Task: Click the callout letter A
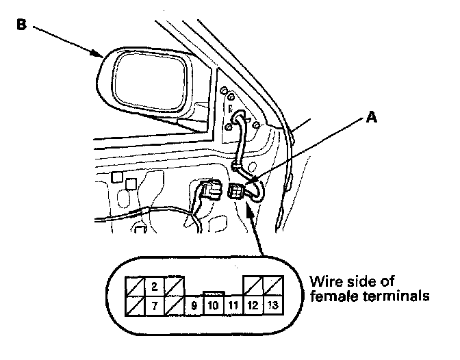[371, 118]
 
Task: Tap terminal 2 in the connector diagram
[155, 286]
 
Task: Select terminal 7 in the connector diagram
[155, 305]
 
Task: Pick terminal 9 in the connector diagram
[194, 306]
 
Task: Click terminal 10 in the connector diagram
[213, 305]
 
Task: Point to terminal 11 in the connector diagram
[233, 306]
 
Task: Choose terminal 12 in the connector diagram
[253, 305]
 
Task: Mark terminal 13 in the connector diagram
[272, 305]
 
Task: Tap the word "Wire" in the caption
[323, 282]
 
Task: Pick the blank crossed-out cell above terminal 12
[253, 286]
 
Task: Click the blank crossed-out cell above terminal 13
[272, 286]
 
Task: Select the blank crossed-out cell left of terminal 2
[135, 286]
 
